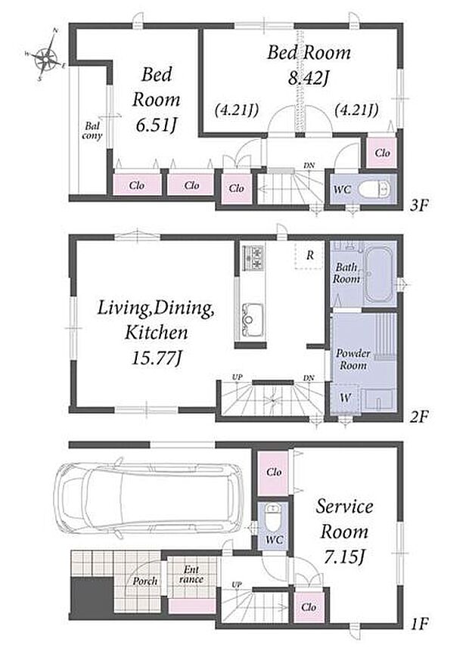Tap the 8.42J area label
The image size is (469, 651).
click(x=309, y=79)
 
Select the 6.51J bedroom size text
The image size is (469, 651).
click(x=157, y=125)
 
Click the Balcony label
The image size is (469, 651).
click(x=92, y=130)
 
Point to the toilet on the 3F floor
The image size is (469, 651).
click(x=374, y=189)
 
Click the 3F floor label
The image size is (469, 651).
click(x=419, y=205)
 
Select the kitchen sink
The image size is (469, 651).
click(x=253, y=319)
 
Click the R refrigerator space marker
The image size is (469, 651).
click(x=310, y=256)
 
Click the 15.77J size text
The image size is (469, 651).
click(x=156, y=358)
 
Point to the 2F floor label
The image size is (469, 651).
click(x=419, y=417)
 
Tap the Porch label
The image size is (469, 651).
click(x=145, y=581)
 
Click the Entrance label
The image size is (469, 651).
click(x=191, y=574)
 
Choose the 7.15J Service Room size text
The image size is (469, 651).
click(x=344, y=557)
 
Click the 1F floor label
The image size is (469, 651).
click(x=419, y=623)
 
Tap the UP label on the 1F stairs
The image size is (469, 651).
click(x=237, y=584)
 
